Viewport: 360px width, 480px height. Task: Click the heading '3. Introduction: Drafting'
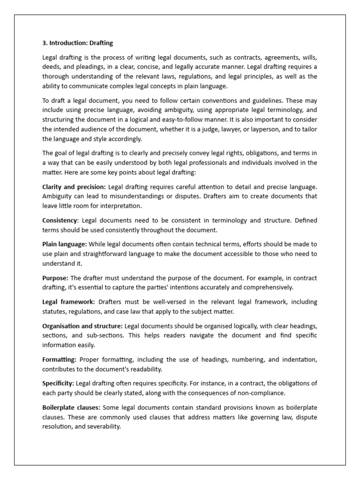[x=78, y=43]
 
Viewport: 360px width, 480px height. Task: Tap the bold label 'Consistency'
[x=60, y=220]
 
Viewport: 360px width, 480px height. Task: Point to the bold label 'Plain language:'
[x=65, y=244]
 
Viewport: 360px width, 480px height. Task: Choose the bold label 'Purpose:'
[x=55, y=278]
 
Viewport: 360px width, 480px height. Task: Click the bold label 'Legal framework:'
[x=68, y=302]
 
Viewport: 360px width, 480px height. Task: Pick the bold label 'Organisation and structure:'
[x=82, y=326]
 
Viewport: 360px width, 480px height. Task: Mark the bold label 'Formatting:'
[x=59, y=360]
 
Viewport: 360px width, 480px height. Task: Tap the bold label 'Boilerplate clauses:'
[x=71, y=408]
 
